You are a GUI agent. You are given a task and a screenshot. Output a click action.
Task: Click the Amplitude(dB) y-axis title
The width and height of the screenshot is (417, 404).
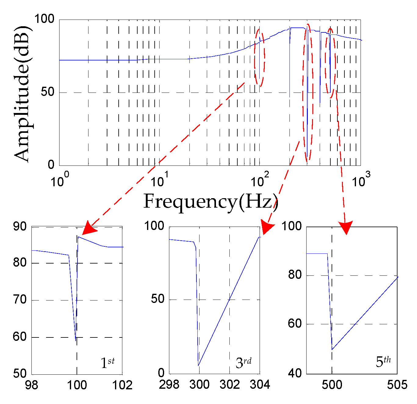click(23, 93)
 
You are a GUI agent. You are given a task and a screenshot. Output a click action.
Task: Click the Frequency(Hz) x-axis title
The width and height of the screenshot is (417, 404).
click(210, 202)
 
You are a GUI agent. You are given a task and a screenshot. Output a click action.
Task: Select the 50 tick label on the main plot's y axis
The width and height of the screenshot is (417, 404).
click(48, 92)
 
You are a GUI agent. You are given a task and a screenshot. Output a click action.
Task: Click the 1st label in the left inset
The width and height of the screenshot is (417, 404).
click(107, 362)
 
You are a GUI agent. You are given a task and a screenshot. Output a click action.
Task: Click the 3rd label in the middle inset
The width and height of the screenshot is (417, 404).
click(243, 362)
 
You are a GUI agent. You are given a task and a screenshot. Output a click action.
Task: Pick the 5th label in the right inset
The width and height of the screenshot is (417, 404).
click(383, 362)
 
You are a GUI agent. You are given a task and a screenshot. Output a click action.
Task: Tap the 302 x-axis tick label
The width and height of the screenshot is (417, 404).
click(229, 384)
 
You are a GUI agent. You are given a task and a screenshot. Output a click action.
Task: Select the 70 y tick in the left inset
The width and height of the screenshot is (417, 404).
click(20, 300)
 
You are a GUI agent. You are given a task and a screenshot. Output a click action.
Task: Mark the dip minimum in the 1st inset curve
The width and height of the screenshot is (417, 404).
click(75, 340)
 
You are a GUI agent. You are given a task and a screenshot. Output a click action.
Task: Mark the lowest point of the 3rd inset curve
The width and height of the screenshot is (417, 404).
click(198, 366)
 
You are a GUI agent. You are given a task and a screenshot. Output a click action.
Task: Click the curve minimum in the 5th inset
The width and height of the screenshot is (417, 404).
click(332, 349)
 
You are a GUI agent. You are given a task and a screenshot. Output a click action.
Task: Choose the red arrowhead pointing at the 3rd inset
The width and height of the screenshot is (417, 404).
click(267, 228)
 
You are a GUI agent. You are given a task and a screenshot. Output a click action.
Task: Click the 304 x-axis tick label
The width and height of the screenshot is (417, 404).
click(260, 384)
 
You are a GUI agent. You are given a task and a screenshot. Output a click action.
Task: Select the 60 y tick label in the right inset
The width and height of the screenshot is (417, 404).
click(295, 324)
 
